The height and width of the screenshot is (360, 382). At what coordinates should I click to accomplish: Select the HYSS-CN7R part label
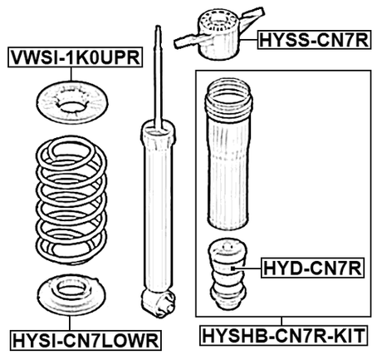coord(312,37)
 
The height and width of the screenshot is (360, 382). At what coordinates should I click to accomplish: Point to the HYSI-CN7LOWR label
coord(86,340)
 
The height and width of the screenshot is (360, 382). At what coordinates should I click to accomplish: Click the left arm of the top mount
coord(187,40)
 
